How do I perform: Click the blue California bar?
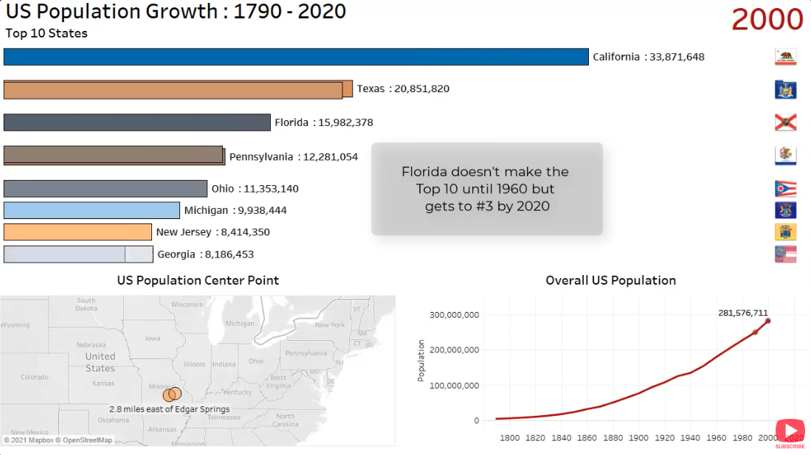coord(295,57)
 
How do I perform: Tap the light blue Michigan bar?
coord(92,210)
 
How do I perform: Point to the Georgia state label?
coord(176,254)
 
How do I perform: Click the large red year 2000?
coord(767,20)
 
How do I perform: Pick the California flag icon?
coord(785,58)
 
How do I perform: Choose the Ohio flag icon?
coord(785,189)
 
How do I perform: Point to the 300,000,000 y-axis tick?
coord(454,315)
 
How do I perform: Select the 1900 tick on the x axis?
coord(639,438)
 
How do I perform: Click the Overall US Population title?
coord(610,280)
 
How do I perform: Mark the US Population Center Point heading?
coord(198,280)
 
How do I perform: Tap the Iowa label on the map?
coord(152,338)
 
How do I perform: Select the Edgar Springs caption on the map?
coord(169,409)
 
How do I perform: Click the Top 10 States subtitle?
coord(46,33)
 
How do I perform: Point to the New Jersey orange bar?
coord(77,232)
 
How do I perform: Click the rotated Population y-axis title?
coord(421,361)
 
